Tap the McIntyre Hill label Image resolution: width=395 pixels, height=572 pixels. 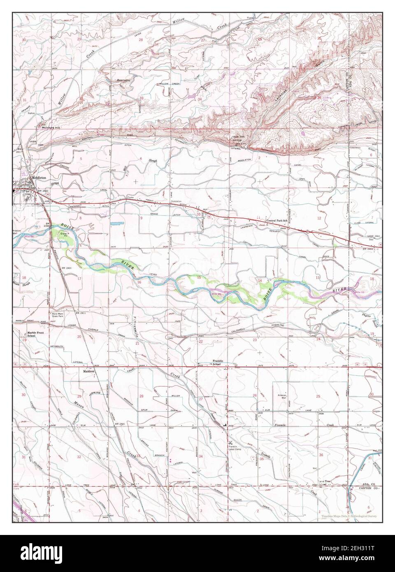(x=51, y=128)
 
